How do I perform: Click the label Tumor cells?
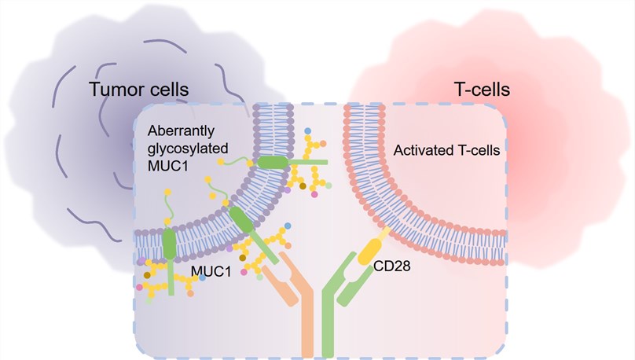tap(139, 89)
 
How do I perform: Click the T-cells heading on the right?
tap(483, 89)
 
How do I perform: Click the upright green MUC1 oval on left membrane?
tap(170, 244)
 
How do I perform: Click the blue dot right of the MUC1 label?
tap(203, 278)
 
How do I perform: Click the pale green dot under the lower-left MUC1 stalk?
tap(150, 299)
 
